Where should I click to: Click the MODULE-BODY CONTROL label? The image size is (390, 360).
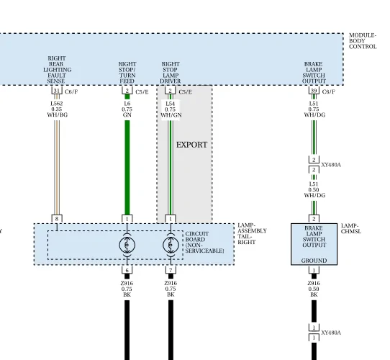[x=363, y=41]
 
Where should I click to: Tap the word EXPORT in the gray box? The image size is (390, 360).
[x=192, y=145]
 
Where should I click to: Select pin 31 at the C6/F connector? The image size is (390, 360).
[x=57, y=91]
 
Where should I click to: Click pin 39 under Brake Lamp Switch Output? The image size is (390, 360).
[x=314, y=91]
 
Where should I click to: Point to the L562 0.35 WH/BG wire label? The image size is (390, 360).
[x=57, y=109]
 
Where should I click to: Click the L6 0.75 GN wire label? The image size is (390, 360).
[x=127, y=109]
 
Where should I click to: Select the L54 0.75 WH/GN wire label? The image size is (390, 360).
[x=171, y=109]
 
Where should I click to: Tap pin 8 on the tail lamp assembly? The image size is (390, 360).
[x=57, y=219]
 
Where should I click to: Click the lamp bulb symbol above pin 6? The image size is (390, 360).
[x=127, y=246]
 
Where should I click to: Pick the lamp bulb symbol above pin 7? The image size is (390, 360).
[x=171, y=246]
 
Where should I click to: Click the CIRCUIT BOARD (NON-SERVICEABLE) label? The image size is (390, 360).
[x=204, y=242]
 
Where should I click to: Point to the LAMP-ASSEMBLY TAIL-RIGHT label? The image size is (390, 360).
[x=252, y=234]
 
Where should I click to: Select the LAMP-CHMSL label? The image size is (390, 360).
[x=351, y=228]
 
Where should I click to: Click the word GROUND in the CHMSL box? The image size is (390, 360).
[x=314, y=261]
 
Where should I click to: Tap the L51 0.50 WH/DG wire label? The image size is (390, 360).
[x=314, y=189]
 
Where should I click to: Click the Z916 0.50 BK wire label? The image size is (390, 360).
[x=314, y=289]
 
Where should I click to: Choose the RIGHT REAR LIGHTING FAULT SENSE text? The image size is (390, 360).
[x=58, y=70]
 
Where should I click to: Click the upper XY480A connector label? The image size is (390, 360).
[x=331, y=165]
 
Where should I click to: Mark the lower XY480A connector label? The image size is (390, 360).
[x=331, y=333]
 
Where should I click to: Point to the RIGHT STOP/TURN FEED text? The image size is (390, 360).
[x=127, y=73]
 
